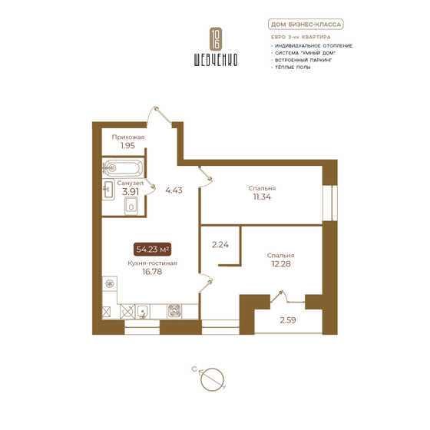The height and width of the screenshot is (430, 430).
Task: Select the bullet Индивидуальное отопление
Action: pos(313,45)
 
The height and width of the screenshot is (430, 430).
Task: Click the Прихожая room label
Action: pos(127,137)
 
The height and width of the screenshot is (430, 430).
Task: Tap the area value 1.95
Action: pos(127,145)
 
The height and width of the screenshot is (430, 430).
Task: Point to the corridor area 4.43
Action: pos(171,191)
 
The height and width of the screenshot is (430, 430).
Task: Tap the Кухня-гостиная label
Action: pos(153,263)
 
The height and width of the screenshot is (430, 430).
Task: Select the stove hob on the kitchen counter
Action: pos(174,311)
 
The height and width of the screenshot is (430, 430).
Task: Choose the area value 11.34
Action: pos(262,197)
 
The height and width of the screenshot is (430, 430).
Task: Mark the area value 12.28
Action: pos(281,264)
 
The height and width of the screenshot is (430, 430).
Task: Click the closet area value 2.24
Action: pos(220,246)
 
